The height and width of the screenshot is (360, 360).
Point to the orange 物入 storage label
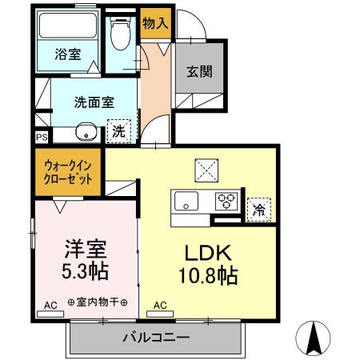pyautogui.click(x=154, y=24)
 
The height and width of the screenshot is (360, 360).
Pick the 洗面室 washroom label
pyautogui.click(x=95, y=102)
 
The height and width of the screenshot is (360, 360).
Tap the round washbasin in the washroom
pyautogui.click(x=84, y=132)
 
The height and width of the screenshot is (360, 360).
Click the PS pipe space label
pyautogui.click(x=42, y=137)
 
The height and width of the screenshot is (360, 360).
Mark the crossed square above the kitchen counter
pyautogui.click(x=206, y=170)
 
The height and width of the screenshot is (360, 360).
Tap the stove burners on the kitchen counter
pyautogui.click(x=228, y=201)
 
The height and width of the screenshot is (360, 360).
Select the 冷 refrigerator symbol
pyautogui.click(x=258, y=209)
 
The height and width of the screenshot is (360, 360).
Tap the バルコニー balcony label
pyautogui.click(x=155, y=338)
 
